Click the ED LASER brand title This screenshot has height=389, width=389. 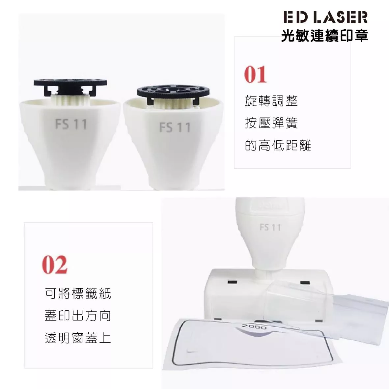(325, 17)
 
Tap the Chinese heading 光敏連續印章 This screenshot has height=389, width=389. (324, 35)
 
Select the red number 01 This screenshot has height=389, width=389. (255, 74)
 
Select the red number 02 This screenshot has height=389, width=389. (55, 265)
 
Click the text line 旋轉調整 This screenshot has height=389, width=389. (271, 101)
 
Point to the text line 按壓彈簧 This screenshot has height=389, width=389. (271, 123)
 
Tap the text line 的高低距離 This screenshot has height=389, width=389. (278, 145)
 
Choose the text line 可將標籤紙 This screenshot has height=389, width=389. (78, 293)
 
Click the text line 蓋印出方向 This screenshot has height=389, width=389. (78, 316)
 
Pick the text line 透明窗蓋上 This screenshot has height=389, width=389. (78, 338)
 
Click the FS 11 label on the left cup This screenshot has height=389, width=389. (71, 124)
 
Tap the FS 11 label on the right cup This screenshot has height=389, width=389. (175, 127)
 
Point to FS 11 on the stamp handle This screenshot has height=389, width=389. (270, 227)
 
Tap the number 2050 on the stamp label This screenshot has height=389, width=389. (254, 327)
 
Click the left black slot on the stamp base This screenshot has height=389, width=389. (233, 282)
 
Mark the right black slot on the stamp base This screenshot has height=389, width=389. (305, 283)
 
